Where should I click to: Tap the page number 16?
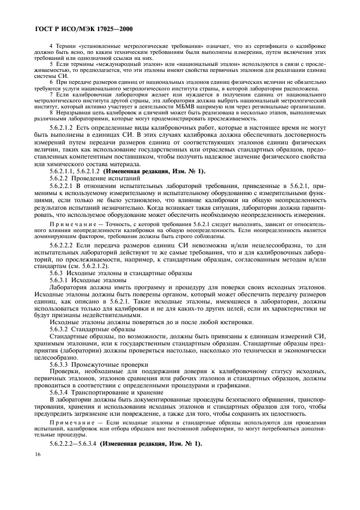click(x=38, y=454)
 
